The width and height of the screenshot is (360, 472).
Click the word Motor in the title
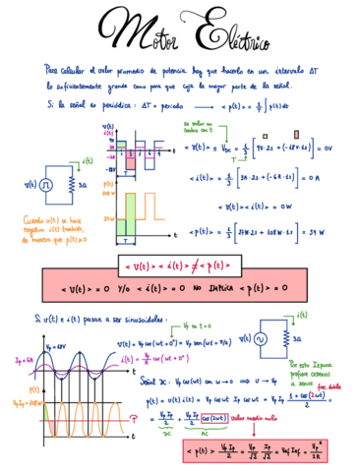[143, 36]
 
